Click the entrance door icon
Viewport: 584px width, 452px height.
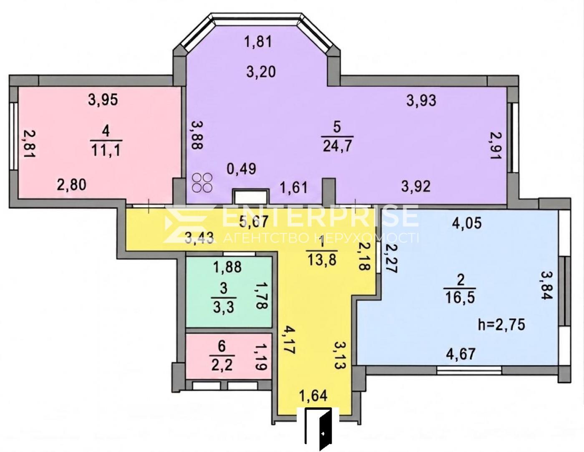[x=318, y=427]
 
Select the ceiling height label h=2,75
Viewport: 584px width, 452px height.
[x=501, y=325]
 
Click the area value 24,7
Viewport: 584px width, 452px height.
[x=337, y=146]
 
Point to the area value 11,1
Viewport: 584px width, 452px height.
[x=106, y=150]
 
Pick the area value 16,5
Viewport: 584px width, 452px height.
[x=461, y=298]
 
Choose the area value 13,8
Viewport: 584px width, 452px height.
[x=322, y=260]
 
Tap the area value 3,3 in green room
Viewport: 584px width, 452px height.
[x=224, y=307]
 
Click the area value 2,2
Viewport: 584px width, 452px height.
[x=222, y=366]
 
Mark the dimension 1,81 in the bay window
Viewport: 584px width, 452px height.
[x=258, y=42]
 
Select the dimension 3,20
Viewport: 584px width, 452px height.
[x=261, y=72]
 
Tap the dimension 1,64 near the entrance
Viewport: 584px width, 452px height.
[x=313, y=396]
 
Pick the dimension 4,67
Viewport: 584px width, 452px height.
[x=461, y=354]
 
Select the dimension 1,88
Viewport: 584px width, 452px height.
[x=227, y=267]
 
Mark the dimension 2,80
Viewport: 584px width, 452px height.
[x=71, y=185]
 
